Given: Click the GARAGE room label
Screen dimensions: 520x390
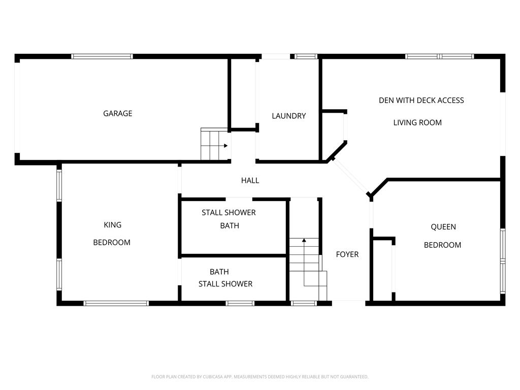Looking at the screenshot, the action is (118, 113).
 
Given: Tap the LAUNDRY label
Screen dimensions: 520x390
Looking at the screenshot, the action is (289, 116).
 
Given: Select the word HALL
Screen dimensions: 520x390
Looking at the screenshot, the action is (250, 180).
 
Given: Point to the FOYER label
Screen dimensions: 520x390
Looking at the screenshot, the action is (347, 254).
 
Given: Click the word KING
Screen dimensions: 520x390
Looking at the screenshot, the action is (112, 225).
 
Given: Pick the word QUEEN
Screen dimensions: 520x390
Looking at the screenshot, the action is (443, 227).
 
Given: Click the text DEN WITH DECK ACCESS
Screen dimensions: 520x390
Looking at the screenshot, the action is (421, 100).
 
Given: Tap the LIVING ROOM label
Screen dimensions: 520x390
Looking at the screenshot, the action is (417, 122).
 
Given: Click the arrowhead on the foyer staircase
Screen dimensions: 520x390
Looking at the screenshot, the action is (304, 240).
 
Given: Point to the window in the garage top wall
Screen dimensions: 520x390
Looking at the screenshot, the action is (102, 56).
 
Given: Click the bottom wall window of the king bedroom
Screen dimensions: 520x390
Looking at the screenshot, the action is (116, 303).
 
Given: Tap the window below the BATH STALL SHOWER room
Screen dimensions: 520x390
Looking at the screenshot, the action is (240, 303).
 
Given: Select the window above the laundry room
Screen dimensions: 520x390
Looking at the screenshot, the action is (306, 56).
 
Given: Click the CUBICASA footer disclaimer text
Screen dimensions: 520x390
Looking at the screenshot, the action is (259, 377).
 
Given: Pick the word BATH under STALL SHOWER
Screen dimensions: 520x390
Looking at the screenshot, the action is (230, 225).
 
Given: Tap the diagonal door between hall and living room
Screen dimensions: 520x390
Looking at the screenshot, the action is (350, 177).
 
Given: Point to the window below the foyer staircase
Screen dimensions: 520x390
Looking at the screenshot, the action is (304, 303).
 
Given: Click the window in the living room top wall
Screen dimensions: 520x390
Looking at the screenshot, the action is (440, 56).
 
